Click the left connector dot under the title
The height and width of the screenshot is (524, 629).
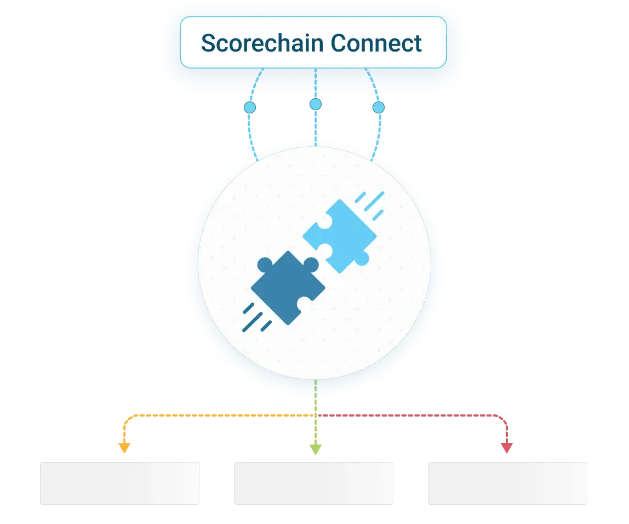pyautogui.click(x=250, y=107)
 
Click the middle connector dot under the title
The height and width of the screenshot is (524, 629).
pyautogui.click(x=315, y=104)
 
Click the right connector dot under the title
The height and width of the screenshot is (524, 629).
pyautogui.click(x=379, y=107)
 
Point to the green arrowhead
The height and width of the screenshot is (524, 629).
pyautogui.click(x=315, y=449)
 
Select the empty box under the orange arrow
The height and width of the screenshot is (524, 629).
pyautogui.click(x=119, y=483)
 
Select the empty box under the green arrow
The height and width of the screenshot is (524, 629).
pyautogui.click(x=313, y=483)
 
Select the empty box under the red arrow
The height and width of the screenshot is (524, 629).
pyautogui.click(x=506, y=483)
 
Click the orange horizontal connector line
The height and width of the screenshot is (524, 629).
pyautogui.click(x=219, y=415)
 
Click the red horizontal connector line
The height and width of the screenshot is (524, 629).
pyautogui.click(x=411, y=415)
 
